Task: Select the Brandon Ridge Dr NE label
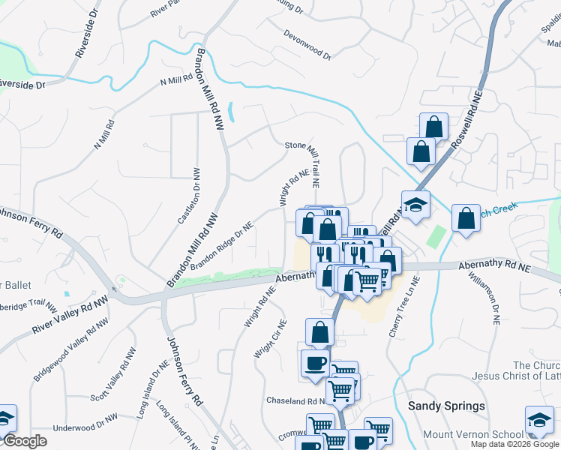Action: pyautogui.click(x=222, y=245)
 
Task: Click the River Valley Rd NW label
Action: pyautogui.click(x=66, y=318)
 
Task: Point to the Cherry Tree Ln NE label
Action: pyautogui.click(x=405, y=307)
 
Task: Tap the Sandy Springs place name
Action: pyautogui.click(x=446, y=406)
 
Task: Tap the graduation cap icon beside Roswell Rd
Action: pyautogui.click(x=414, y=204)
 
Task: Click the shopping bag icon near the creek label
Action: pyautogui.click(x=466, y=217)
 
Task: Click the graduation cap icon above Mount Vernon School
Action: pyautogui.click(x=538, y=419)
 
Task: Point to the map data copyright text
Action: pyautogui.click(x=515, y=444)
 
